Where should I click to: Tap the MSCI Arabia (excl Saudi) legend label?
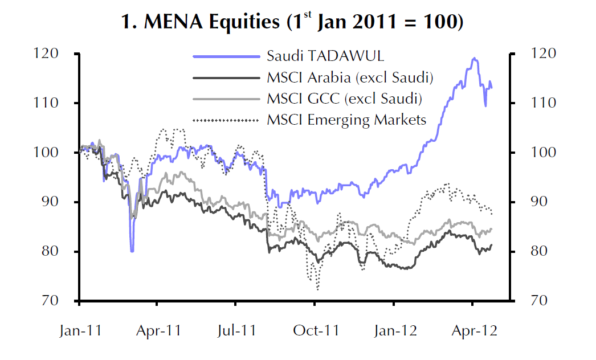[350, 77]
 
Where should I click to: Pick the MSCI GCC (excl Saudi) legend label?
[344, 98]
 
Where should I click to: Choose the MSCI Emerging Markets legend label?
[346, 120]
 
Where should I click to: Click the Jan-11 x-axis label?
[80, 331]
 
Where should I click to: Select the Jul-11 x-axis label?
[236, 331]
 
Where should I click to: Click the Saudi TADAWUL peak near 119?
[473, 58]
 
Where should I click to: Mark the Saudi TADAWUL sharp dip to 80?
[132, 251]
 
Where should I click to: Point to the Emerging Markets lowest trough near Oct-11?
[317, 289]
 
